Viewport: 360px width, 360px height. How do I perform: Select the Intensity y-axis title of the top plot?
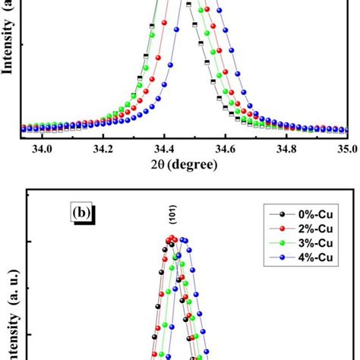tap(8, 38)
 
